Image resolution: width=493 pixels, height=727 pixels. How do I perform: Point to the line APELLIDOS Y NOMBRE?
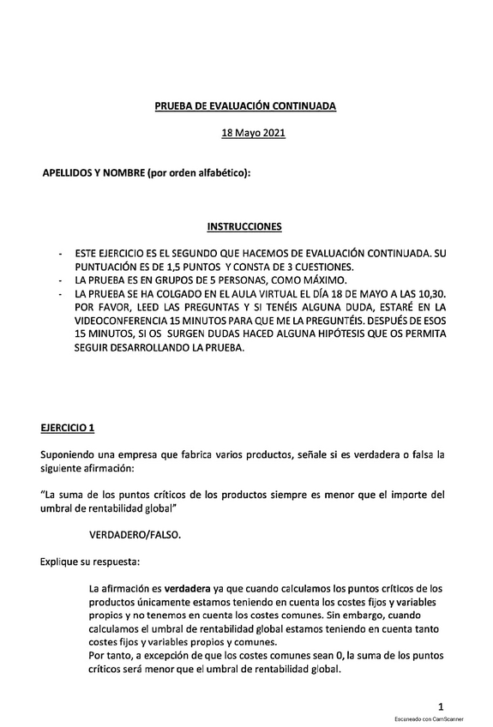147,174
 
